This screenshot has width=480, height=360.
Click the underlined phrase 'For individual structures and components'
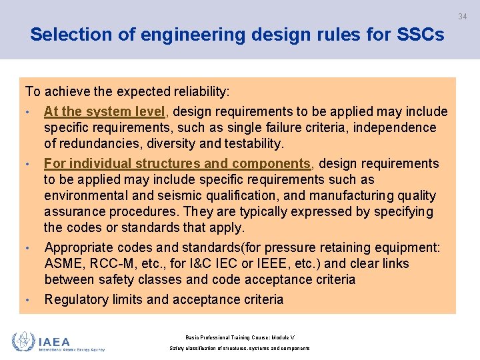click(x=177, y=163)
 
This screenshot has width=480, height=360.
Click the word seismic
click(x=177, y=195)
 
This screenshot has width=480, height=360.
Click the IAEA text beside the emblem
click(x=54, y=341)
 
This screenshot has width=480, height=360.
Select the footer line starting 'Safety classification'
click(x=239, y=348)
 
